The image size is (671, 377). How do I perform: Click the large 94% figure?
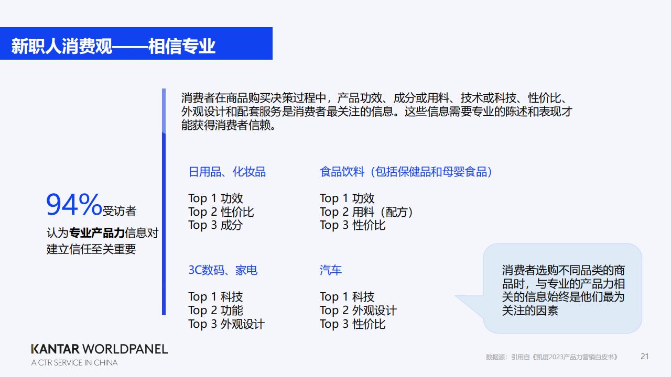tap(74, 204)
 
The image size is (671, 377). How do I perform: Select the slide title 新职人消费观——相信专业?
tap(113, 46)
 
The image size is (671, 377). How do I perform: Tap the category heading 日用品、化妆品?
tap(227, 172)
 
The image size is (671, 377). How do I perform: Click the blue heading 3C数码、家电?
tap(223, 270)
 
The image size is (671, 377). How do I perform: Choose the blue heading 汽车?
tap(331, 270)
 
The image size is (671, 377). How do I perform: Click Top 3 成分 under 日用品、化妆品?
tap(215, 225)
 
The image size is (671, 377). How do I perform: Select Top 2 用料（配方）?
tap(366, 212)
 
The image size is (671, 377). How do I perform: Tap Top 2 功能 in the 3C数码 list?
tap(215, 311)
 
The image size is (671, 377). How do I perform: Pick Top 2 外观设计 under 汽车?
tap(358, 311)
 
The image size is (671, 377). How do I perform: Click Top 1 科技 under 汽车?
tap(347, 297)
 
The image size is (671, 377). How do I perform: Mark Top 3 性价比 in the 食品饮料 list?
tap(353, 225)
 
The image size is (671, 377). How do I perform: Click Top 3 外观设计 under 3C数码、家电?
tap(226, 324)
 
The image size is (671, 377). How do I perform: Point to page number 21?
tap(645, 357)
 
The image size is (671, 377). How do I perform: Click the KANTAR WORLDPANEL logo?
tap(100, 349)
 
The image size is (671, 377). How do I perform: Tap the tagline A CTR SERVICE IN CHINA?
tap(74, 363)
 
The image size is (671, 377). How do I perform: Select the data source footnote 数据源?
tap(552, 357)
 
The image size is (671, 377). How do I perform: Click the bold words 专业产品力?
tap(97, 233)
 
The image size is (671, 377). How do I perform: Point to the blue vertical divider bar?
tap(164, 202)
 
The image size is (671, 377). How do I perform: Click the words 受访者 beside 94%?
tap(120, 211)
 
